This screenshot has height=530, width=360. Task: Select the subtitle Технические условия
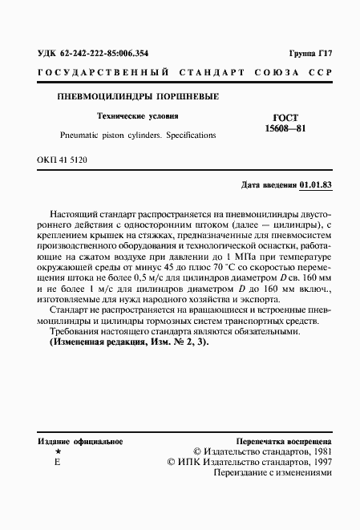(135, 115)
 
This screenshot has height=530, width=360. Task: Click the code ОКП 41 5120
(62, 161)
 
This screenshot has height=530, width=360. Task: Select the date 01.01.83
(315, 184)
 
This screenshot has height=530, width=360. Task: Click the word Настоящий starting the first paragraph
(73, 216)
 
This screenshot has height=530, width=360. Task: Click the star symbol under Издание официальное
(57, 452)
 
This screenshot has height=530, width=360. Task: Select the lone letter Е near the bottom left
(57, 463)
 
